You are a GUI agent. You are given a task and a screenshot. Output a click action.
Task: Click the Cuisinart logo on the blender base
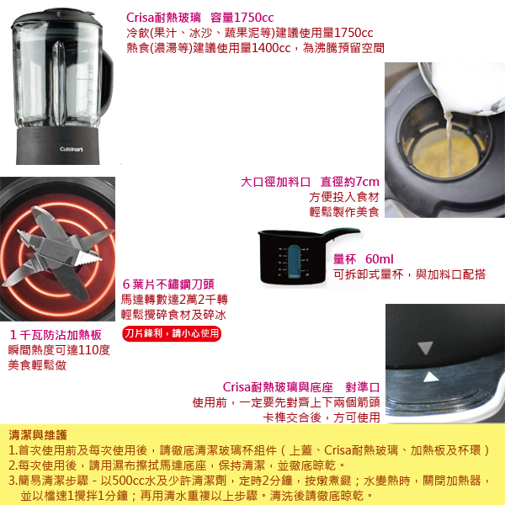[72, 149]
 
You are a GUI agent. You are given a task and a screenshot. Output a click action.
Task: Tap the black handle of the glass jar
[107, 83]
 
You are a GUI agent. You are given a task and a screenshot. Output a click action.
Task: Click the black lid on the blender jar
[53, 17]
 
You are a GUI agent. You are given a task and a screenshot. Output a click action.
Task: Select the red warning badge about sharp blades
[172, 333]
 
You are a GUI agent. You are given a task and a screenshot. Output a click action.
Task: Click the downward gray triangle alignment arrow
[425, 348]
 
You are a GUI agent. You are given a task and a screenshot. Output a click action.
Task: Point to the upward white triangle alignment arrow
[431, 377]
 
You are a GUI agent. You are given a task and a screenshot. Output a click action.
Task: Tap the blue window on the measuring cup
[294, 261]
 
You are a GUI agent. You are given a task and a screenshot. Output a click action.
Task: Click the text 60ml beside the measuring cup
[380, 258]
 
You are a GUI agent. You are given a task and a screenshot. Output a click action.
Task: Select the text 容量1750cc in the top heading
[242, 18]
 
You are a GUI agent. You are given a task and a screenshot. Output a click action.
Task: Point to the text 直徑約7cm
[350, 182]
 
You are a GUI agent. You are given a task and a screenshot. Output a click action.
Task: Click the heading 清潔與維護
[38, 435]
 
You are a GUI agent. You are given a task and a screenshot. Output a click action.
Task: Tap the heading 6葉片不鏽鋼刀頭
[168, 284]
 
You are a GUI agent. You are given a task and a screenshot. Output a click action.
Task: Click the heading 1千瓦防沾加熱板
[56, 335]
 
